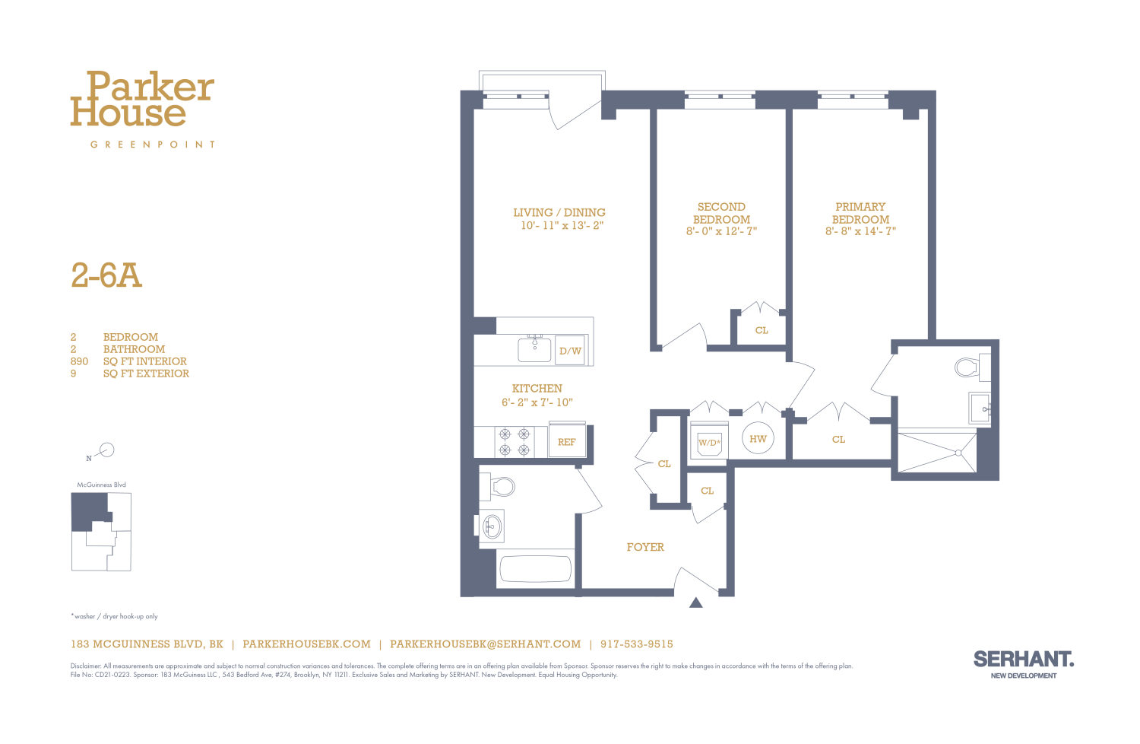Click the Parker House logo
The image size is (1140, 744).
point(142,100)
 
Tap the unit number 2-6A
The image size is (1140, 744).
point(106,275)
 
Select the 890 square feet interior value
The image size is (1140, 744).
point(79,361)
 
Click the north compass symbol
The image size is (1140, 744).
point(106,450)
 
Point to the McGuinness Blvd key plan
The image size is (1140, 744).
point(101,531)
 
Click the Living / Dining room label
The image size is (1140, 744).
point(559,213)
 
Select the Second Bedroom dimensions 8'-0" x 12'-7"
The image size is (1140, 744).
point(721,231)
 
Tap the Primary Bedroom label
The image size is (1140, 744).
point(860,213)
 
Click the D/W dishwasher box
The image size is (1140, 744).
point(570,351)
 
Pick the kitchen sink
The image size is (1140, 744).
point(535,349)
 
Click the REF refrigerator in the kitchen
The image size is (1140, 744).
point(567,442)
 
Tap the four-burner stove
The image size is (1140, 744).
point(514,442)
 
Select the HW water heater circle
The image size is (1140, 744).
point(758,439)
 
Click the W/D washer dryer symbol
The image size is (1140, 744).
point(709,442)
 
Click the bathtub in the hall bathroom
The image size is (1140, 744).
point(534,568)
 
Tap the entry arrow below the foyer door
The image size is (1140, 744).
point(695,603)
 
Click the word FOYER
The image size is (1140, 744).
point(645,547)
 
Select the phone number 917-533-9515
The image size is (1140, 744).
point(637,644)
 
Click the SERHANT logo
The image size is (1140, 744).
point(1023,660)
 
